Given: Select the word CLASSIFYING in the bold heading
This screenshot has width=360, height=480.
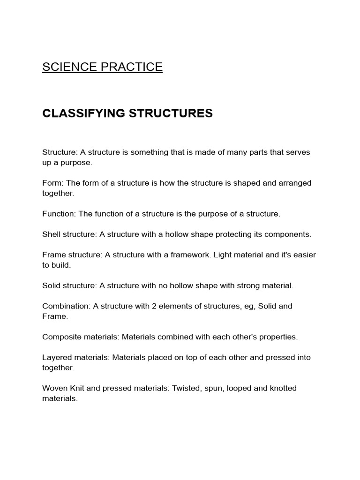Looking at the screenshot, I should pos(83,113).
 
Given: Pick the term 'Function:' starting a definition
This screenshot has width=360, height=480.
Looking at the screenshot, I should pos(59,214).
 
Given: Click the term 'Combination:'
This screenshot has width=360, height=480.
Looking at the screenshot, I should pos(66,306).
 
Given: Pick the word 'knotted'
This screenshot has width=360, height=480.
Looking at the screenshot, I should pos(281,388).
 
